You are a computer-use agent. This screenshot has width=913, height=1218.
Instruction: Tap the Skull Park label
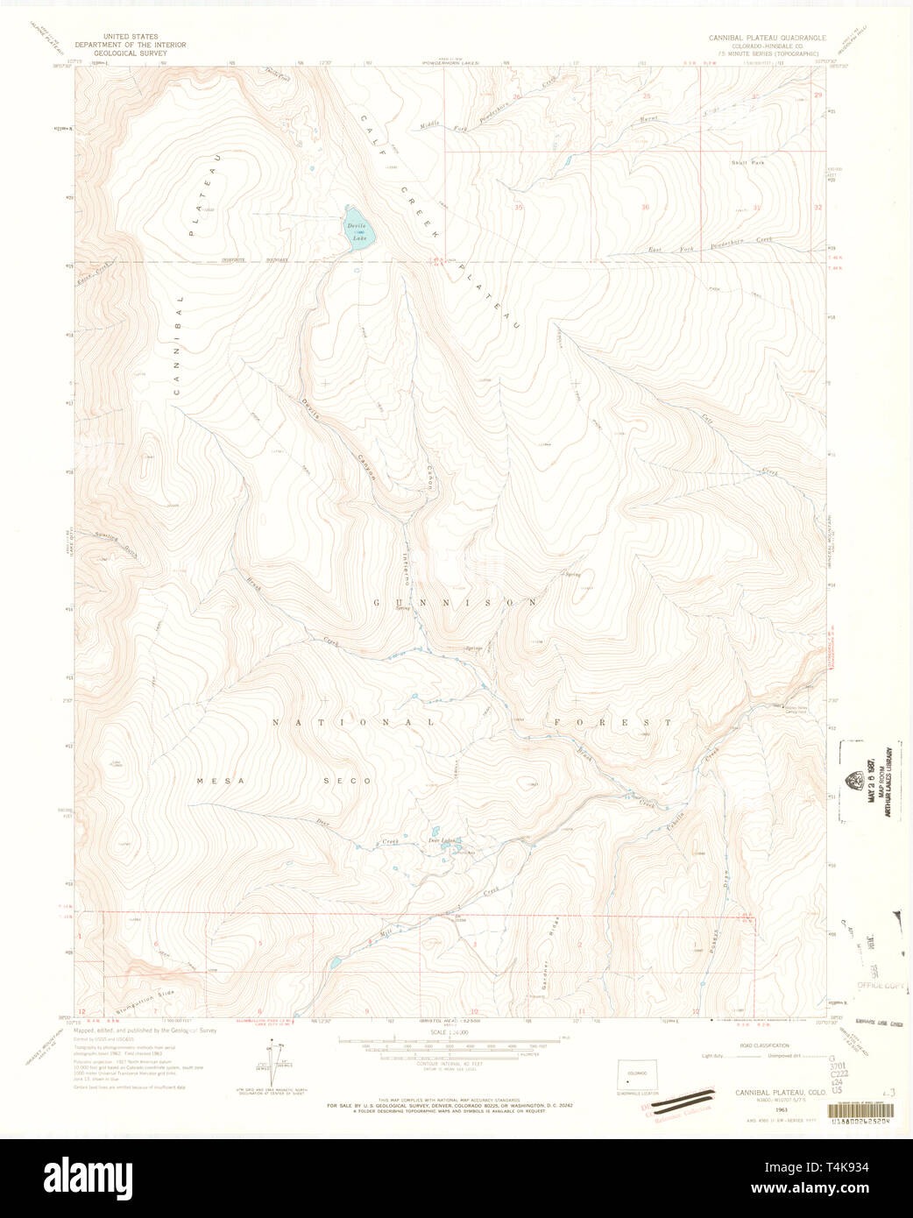748,163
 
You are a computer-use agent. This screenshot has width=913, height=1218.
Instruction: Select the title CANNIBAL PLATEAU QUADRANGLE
767,39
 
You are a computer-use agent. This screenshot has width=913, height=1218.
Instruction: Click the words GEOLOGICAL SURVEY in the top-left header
117,52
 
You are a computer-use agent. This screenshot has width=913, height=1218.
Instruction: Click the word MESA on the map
213,780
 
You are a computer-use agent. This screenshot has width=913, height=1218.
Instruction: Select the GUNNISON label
456,603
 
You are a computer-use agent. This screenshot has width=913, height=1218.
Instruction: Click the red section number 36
646,208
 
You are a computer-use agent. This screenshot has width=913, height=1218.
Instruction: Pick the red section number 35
519,208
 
